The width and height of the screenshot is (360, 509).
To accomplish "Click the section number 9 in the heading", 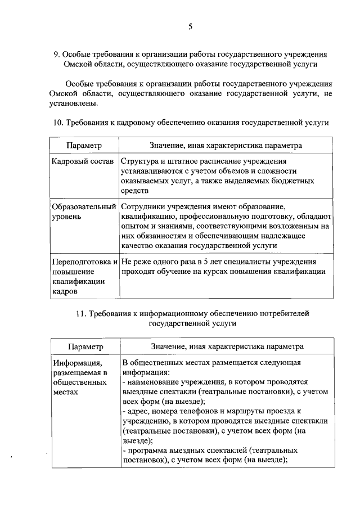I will coord(56,55).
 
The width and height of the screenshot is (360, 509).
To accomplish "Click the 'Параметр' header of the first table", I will coord(84,145).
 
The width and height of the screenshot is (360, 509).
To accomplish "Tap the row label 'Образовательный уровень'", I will coord(84,210).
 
